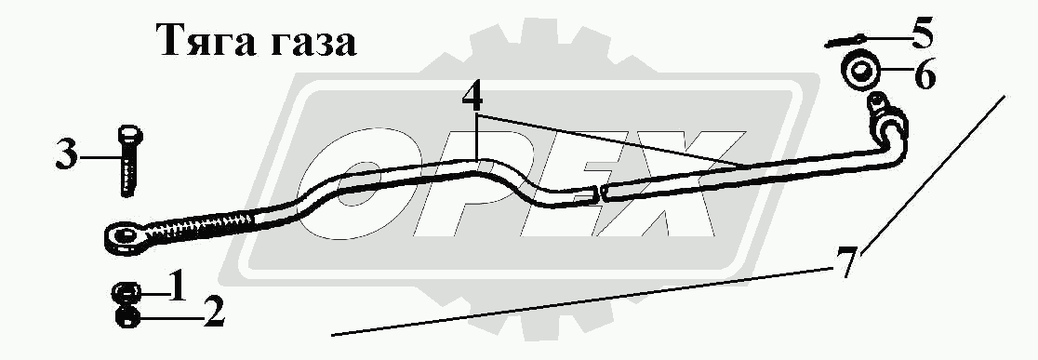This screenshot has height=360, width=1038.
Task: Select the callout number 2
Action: tap(214, 313)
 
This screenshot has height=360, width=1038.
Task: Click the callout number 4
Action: tap(472, 98)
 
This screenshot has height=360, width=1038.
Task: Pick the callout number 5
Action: tap(922, 33)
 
